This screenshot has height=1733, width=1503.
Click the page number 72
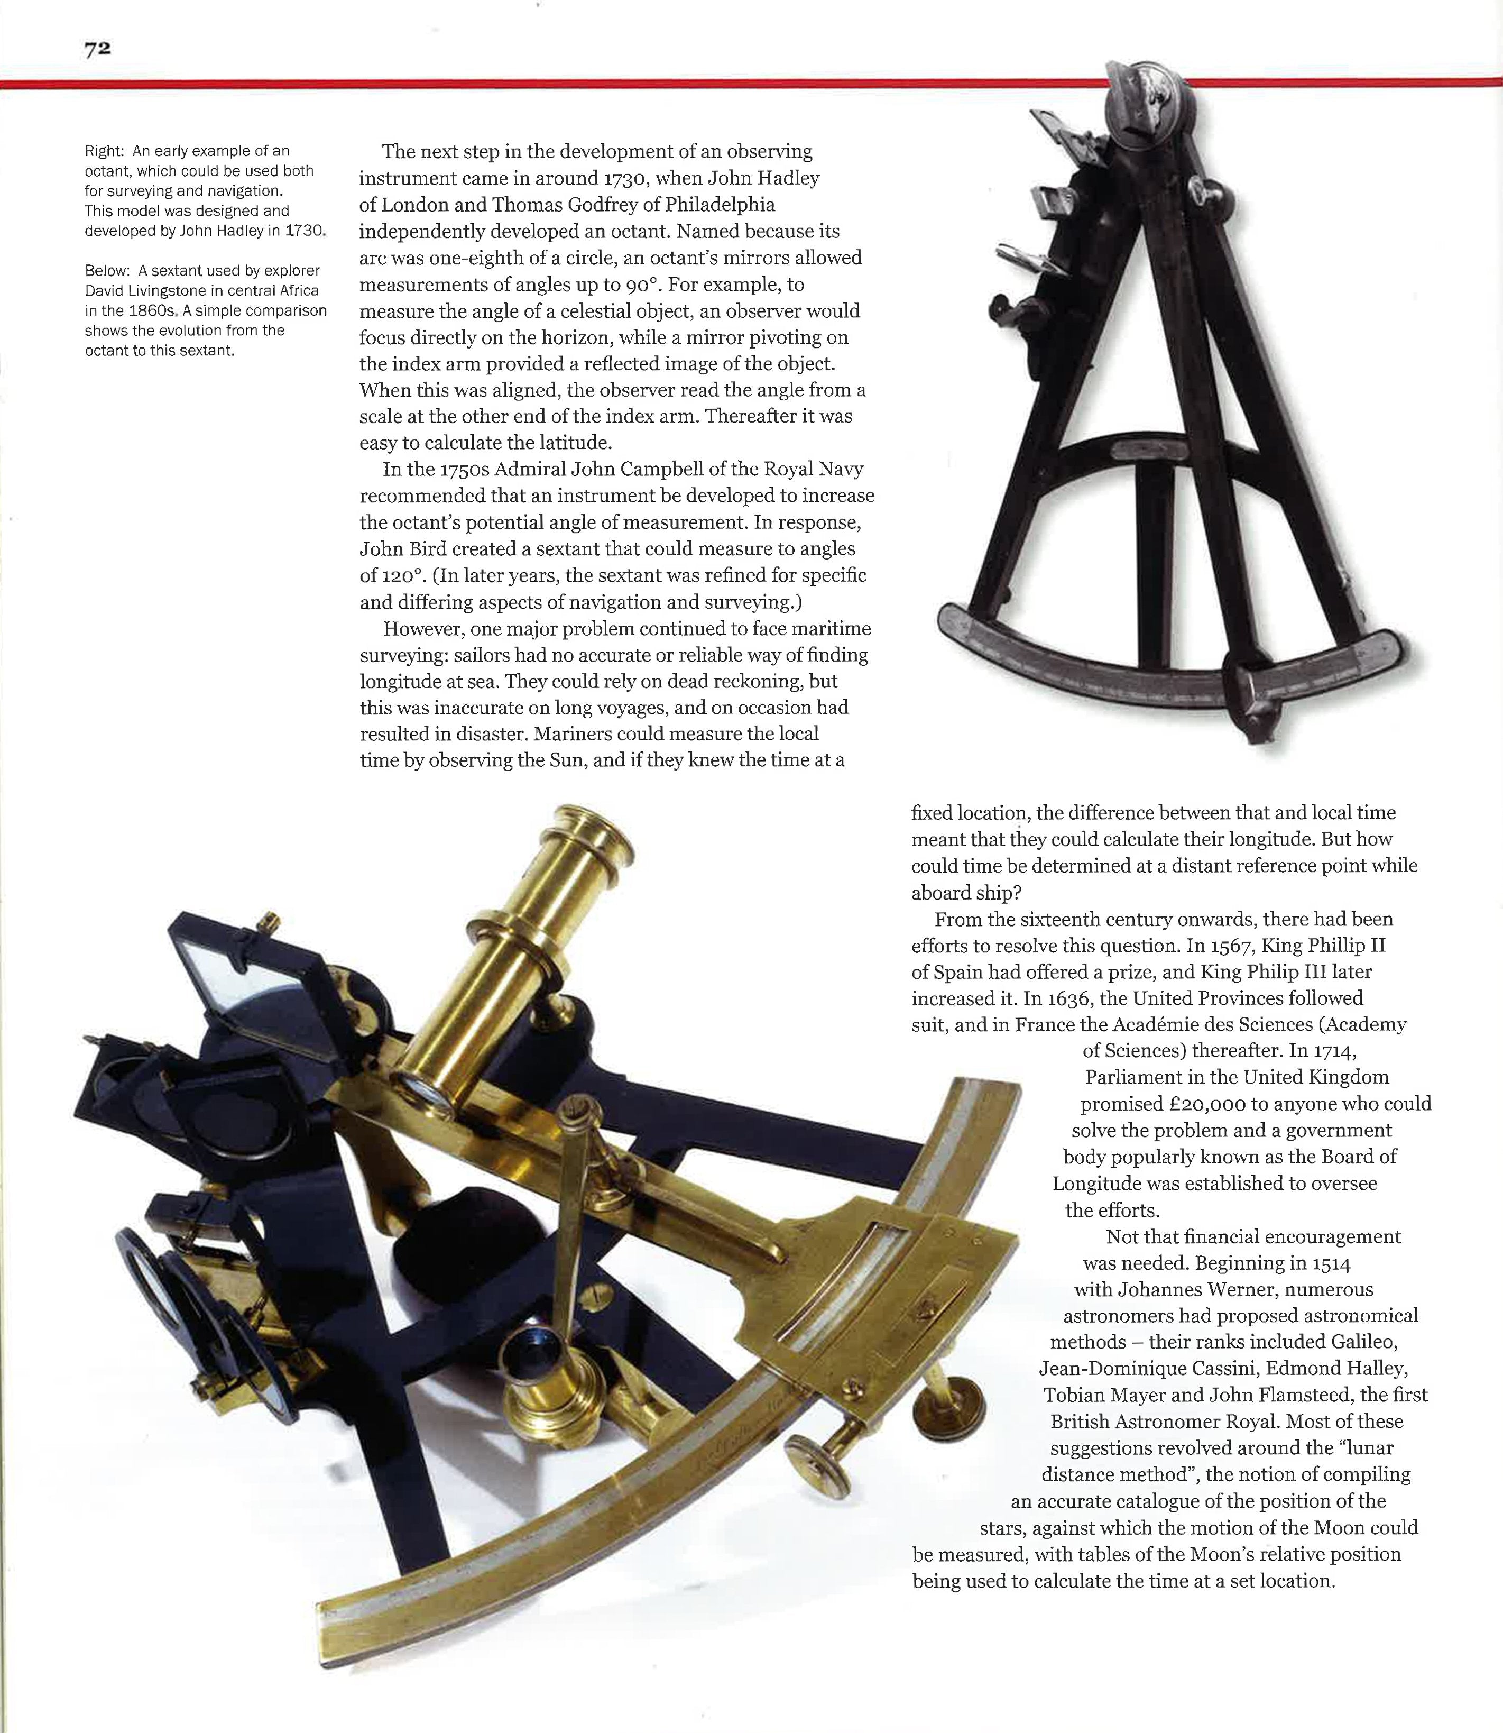(97, 50)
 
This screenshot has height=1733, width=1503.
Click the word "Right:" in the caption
(104, 151)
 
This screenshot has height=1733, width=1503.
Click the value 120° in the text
(394, 575)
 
